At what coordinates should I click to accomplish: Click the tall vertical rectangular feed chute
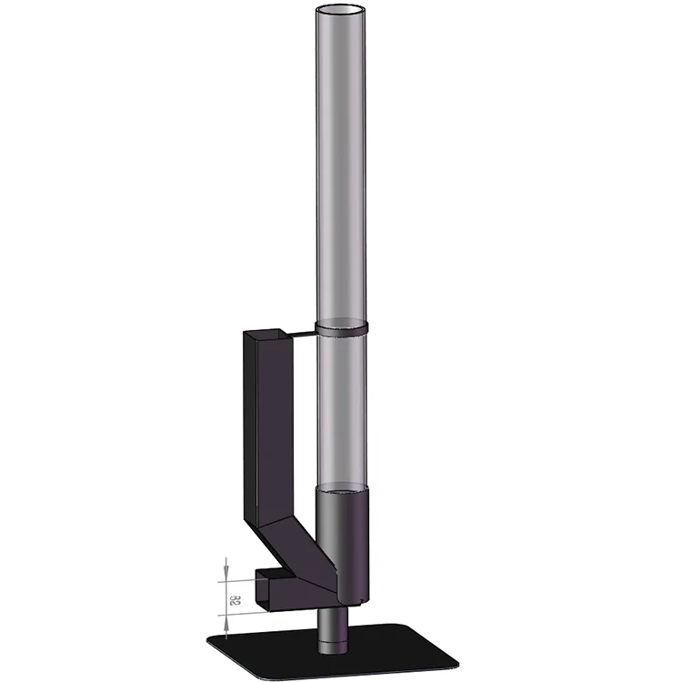264,427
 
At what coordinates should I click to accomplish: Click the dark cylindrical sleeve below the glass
344,546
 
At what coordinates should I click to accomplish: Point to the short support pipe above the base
331,627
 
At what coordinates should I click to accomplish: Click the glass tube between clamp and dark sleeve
343,409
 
